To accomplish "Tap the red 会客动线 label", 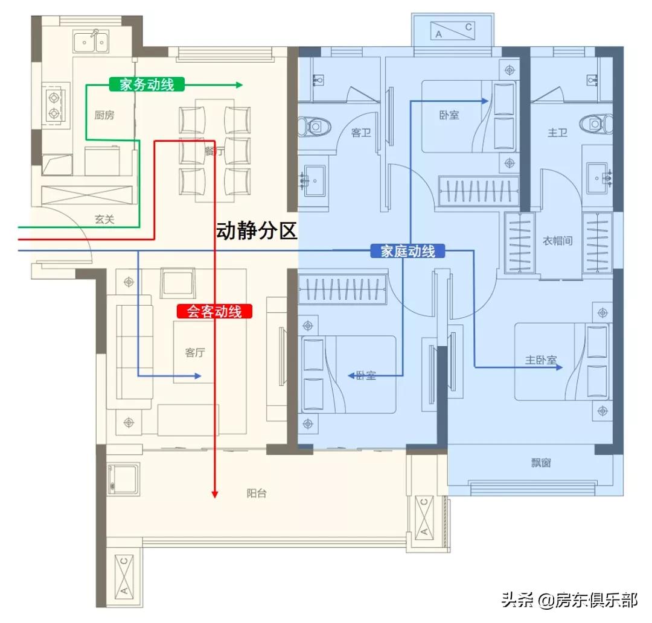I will tap(214, 312).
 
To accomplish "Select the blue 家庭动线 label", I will tap(407, 251).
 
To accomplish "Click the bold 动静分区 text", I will tap(257, 231).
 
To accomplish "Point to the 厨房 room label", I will tap(104, 115).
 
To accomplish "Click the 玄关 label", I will tap(104, 220).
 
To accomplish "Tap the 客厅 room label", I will tap(194, 353).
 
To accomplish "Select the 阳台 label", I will tap(257, 493).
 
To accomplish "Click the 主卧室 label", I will tap(540, 361).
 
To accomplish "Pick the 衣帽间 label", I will tap(557, 241).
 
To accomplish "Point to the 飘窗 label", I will tap(541, 463).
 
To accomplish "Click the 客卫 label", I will tap(361, 133).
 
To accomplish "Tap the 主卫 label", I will tap(557, 133).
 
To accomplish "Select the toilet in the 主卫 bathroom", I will tap(595, 124).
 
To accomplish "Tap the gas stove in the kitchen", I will tap(53, 105).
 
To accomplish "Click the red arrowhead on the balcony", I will tap(214, 494).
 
